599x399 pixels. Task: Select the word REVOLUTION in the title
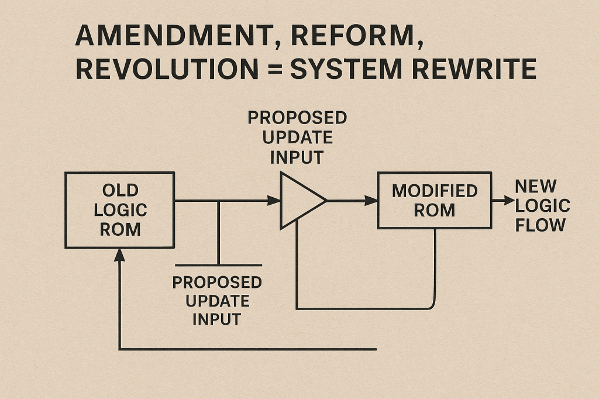[x=167, y=69]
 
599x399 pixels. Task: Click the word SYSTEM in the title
[x=346, y=69]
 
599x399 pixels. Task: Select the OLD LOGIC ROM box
[x=119, y=209]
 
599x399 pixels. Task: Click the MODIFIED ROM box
[x=435, y=200]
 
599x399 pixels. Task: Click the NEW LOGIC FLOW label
[x=542, y=205]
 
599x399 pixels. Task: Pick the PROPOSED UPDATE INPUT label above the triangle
[x=297, y=137]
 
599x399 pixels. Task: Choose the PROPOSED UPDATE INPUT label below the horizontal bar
[x=217, y=301]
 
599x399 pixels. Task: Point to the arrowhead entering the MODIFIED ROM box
[x=371, y=200]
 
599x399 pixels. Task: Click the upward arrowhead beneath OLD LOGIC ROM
[x=119, y=254]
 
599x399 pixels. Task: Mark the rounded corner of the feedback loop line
[x=432, y=304]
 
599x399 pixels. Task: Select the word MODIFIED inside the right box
[x=435, y=191]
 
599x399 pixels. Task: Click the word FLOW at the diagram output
[x=541, y=225]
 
